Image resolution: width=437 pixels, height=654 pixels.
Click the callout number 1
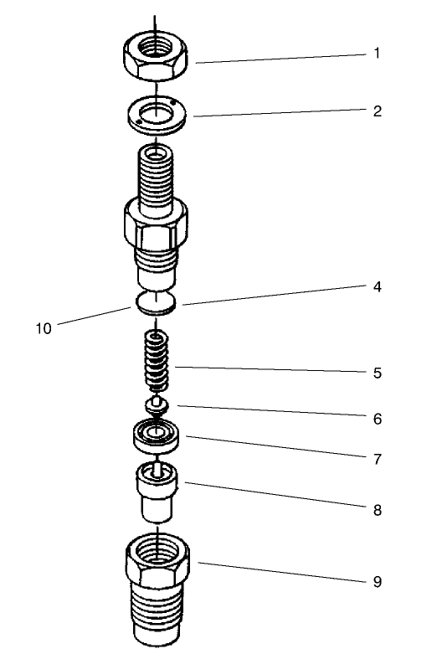pos(377,53)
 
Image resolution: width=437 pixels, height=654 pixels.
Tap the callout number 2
pos(377,111)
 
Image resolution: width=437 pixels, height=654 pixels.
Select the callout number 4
pos(377,286)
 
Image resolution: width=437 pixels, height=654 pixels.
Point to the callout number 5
pos(377,373)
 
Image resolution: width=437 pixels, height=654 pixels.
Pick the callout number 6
pos(377,416)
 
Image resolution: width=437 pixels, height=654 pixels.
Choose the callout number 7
pos(377,459)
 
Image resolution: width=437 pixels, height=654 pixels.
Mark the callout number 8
pos(377,508)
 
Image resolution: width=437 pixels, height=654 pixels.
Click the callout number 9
pos(377,580)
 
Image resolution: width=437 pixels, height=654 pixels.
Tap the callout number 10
pos(44,328)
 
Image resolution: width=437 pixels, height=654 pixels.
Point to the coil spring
pos(157,362)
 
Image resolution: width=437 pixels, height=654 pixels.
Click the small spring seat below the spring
pos(157,405)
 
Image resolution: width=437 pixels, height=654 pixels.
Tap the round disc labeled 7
pos(157,435)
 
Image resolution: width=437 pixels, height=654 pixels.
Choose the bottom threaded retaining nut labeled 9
pos(159,586)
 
